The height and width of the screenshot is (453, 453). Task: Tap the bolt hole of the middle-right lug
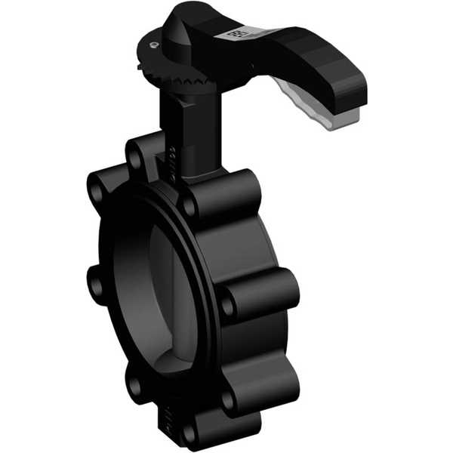(227, 305)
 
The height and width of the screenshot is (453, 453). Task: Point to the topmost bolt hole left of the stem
(135, 159)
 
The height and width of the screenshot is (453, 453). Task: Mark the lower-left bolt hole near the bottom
(134, 387)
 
